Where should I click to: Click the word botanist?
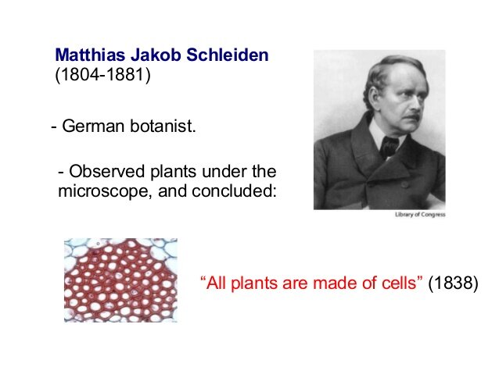click(161, 126)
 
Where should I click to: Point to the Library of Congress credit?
click(418, 215)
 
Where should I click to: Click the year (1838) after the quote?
click(452, 283)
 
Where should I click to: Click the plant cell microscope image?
click(120, 280)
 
